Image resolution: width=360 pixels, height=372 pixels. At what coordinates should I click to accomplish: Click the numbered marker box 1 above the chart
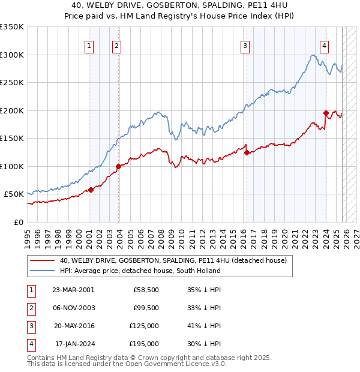[89, 46]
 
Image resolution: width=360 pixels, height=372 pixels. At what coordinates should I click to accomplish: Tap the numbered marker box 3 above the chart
[245, 46]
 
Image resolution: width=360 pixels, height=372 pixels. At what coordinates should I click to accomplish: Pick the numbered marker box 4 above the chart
[323, 46]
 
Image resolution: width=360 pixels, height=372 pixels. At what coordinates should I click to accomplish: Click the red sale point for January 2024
[326, 113]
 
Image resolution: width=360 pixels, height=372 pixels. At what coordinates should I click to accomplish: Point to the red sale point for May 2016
[247, 152]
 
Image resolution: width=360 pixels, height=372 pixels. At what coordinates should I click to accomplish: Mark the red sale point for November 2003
[119, 166]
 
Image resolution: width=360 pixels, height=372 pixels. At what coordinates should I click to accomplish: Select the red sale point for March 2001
[91, 190]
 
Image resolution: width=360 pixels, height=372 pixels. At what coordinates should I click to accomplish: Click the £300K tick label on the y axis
[12, 55]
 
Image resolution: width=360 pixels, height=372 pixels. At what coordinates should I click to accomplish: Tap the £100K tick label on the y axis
[12, 166]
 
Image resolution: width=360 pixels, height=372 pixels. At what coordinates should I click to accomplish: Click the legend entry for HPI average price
[139, 271]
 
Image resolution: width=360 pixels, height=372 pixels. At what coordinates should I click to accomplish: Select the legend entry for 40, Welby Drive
[173, 260]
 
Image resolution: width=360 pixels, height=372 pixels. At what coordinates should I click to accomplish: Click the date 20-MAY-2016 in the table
[73, 326]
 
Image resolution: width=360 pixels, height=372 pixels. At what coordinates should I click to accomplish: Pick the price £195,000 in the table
[144, 344]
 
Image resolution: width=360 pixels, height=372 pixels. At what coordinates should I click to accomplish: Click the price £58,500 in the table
[146, 290]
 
